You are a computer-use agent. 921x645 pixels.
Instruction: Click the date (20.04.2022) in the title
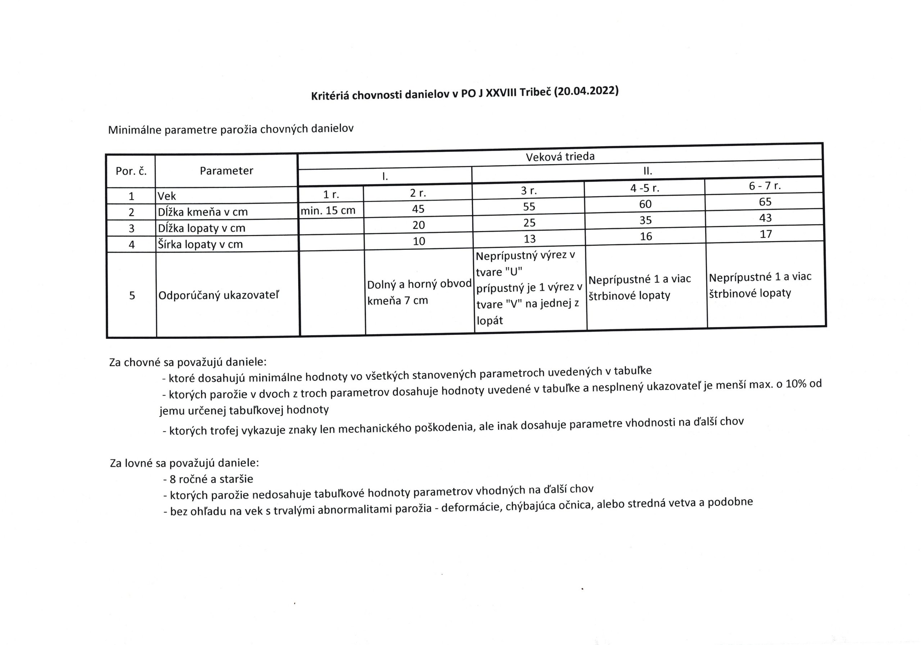tap(586, 92)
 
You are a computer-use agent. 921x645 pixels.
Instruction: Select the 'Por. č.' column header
tap(131, 171)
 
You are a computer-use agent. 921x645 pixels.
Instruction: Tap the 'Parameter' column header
tap(227, 171)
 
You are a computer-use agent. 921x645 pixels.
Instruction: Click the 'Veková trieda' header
tap(560, 157)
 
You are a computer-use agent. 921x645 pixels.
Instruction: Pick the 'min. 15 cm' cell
tap(328, 211)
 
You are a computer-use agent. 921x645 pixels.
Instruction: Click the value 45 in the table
tap(418, 209)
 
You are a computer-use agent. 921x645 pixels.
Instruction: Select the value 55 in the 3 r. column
tap(529, 207)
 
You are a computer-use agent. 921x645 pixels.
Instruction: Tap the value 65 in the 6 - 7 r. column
tap(765, 202)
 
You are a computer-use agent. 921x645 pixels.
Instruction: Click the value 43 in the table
tap(765, 218)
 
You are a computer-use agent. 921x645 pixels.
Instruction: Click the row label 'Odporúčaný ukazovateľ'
tap(219, 296)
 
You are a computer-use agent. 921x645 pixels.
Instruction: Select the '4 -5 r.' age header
tap(645, 188)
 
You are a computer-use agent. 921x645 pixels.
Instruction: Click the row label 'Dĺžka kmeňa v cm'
tap(203, 212)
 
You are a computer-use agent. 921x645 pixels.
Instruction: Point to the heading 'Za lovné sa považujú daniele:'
tap(185, 463)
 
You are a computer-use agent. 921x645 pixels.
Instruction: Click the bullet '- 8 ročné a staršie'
tap(208, 479)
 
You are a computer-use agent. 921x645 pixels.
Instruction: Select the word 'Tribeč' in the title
tap(535, 93)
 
